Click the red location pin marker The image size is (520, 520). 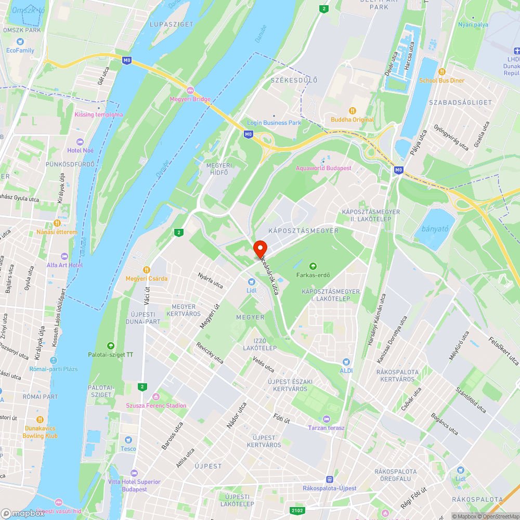pos(259,249)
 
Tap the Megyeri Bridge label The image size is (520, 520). pos(190,99)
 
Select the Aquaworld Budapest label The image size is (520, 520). pos(323,168)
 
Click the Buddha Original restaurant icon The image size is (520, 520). pos(353,110)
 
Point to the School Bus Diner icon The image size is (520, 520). pos(442,71)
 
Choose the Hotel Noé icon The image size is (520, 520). pos(80,141)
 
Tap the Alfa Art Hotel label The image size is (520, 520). pos(64,265)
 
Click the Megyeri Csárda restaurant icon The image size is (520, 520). pos(147,270)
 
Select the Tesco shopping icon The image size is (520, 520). pos(128,439)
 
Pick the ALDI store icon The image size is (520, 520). pos(346,362)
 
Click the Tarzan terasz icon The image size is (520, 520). pos(326,419)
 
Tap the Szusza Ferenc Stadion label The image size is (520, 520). pos(157,406)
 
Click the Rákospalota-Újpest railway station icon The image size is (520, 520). pos(329,479)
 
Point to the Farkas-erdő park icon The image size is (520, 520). pos(313,266)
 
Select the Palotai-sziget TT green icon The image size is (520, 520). pos(110,346)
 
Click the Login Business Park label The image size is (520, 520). pos(274,123)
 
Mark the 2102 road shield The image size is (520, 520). pos(297,511)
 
